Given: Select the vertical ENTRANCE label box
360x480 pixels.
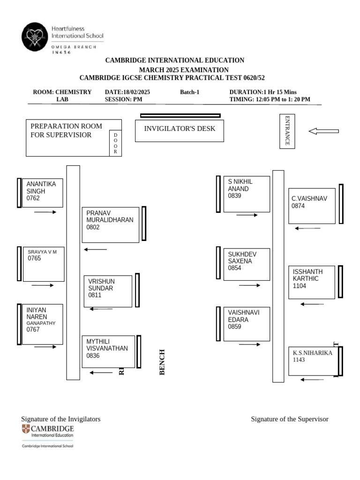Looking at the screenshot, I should (287, 131).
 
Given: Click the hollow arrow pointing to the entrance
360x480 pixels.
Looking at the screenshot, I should (323, 131).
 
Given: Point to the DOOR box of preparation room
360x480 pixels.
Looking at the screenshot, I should (115, 143).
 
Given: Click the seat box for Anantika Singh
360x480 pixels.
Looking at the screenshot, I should (42, 192).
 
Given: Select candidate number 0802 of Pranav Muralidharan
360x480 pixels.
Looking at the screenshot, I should (93, 227).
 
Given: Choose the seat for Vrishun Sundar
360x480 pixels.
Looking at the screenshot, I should (108, 291).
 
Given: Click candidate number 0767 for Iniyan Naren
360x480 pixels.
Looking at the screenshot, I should (33, 330).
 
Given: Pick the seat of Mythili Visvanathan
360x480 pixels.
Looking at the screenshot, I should (108, 351).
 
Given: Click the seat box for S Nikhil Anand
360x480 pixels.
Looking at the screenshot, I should (247, 194).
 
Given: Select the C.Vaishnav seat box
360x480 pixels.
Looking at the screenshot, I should (312, 205).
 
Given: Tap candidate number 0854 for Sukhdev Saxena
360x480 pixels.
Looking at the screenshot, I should (234, 268).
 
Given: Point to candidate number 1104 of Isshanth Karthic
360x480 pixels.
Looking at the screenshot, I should (300, 285).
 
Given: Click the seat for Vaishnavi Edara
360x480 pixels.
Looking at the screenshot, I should (247, 324).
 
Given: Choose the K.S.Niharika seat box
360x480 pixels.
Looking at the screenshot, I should (312, 361).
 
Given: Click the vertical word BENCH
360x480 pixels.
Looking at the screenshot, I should (163, 362).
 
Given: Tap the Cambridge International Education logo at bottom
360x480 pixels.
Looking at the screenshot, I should (47, 436).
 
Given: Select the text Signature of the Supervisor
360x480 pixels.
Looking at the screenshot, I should (289, 419).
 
